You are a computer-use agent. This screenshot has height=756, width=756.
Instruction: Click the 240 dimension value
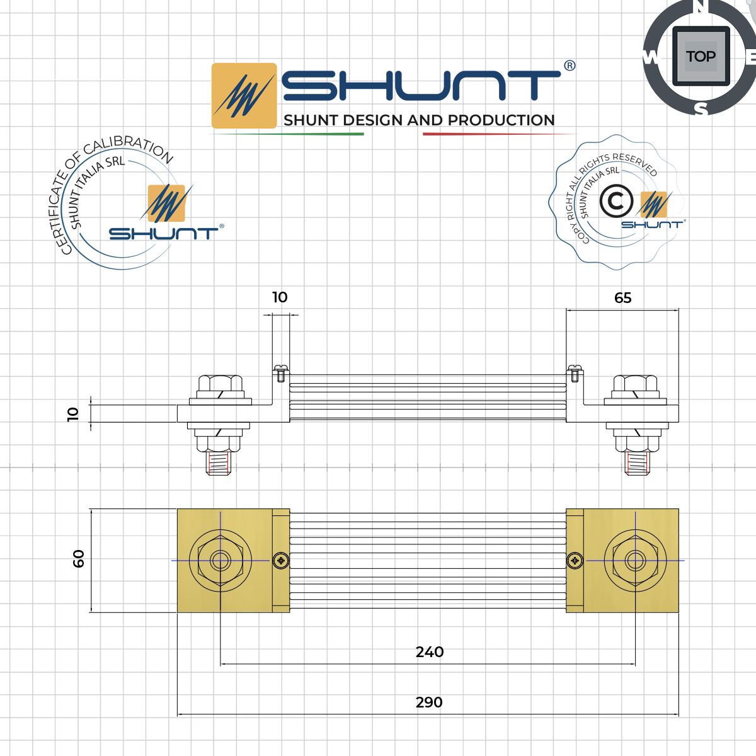430,652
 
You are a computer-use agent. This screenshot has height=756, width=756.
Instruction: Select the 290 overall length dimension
429,702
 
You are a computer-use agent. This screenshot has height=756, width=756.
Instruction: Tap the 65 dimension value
622,298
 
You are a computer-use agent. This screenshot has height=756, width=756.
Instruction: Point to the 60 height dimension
79,559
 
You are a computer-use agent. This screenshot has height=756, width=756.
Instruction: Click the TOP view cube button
701,57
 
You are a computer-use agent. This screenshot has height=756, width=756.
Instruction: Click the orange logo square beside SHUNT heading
244,96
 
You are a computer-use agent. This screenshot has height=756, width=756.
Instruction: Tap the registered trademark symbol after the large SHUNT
570,66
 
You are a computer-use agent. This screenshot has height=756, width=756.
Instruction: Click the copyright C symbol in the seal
616,202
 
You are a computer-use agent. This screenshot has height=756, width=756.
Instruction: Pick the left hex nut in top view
220,560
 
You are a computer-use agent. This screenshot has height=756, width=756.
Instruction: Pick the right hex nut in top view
635,560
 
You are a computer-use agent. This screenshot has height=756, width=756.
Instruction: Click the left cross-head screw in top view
281,560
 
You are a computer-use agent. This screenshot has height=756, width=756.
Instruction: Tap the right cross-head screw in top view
575,560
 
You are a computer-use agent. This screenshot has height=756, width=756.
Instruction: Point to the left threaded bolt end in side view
217,464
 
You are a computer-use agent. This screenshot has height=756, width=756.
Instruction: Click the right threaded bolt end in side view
637,464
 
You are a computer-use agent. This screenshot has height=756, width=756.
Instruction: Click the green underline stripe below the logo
287,134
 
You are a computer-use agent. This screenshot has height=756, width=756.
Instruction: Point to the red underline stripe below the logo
498,134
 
